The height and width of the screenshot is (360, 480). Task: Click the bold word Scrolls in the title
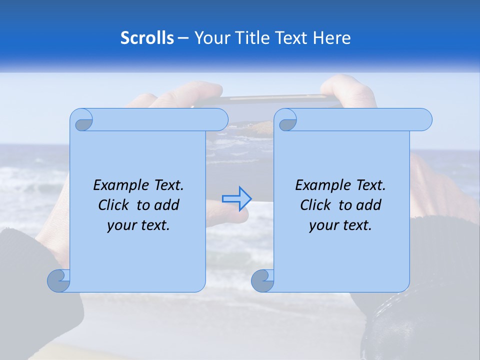pyautogui.click(x=147, y=38)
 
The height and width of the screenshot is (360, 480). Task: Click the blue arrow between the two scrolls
pyautogui.click(x=237, y=198)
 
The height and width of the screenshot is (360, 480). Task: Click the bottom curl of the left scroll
pyautogui.click(x=59, y=280)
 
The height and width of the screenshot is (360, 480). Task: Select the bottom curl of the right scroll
pyautogui.click(x=262, y=280)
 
